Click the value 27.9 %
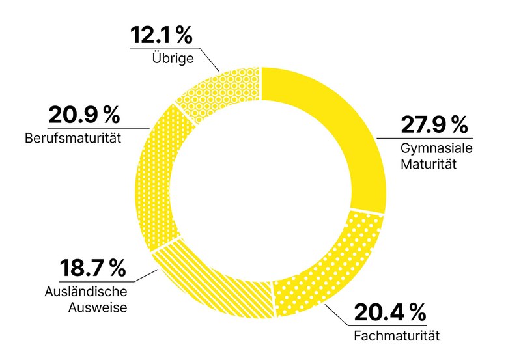434,124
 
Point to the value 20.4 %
389,314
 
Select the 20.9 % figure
84,116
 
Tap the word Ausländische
86,291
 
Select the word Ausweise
99,305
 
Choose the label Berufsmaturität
75,139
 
